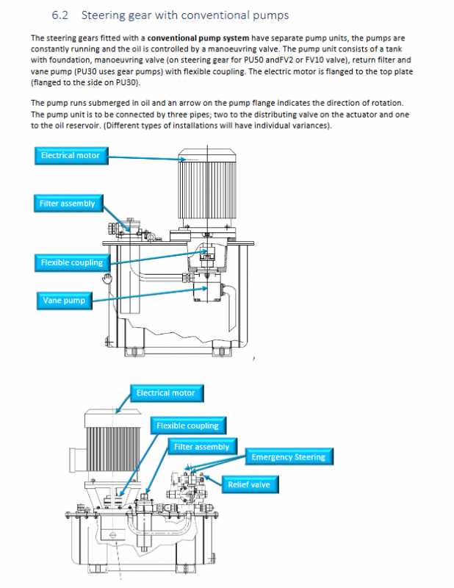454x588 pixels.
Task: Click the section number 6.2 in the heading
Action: click(x=61, y=15)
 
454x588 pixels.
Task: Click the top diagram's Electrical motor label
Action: click(x=70, y=155)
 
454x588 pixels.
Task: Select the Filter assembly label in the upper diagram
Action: click(x=68, y=203)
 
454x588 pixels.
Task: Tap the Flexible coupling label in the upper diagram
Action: click(x=71, y=262)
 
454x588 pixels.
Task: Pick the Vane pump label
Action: click(x=63, y=300)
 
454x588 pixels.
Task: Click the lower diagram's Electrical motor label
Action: click(x=165, y=393)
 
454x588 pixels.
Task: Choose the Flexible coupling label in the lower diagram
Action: click(x=187, y=426)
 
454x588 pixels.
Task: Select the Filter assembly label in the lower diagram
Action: click(x=201, y=447)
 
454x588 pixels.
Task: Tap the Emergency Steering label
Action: click(x=288, y=457)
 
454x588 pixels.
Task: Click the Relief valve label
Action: click(x=248, y=484)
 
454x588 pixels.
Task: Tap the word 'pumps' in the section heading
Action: click(x=271, y=15)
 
